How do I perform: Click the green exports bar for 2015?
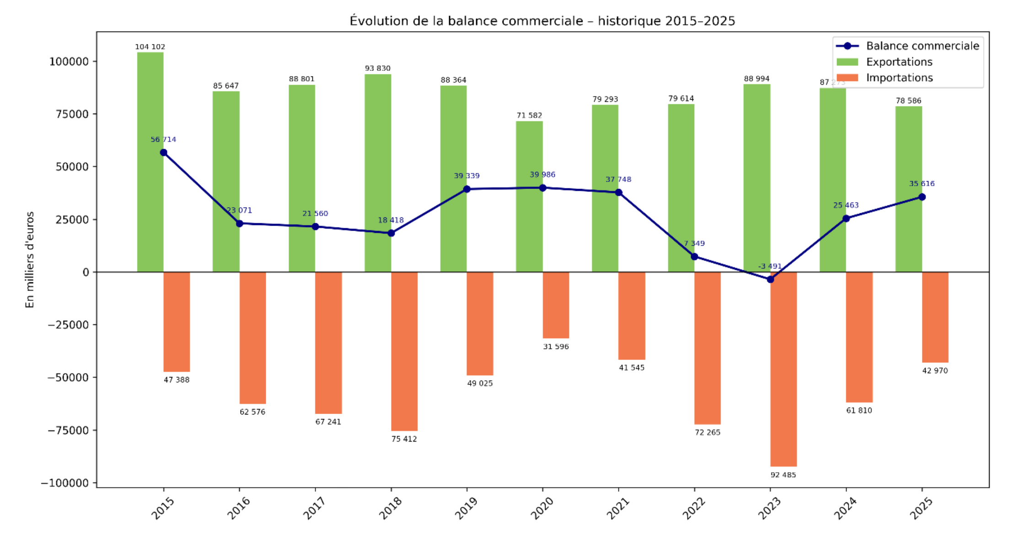[150, 162]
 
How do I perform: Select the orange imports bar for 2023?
[783, 369]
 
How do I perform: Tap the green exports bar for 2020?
[529, 197]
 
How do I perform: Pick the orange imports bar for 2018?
[404, 351]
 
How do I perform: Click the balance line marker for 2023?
[771, 279]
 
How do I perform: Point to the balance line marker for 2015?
[163, 152]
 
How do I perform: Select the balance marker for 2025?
[922, 197]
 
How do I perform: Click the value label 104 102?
[150, 47]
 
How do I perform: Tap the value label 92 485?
[783, 475]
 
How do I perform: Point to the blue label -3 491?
[770, 266]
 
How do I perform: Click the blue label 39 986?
[542, 175]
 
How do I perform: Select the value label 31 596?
[556, 347]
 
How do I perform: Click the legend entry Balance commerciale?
[922, 46]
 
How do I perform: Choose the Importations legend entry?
[899, 78]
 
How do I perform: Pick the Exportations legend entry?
[899, 62]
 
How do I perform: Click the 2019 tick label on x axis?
[466, 508]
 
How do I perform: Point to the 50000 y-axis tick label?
[72, 167]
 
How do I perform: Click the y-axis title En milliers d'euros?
[30, 260]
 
